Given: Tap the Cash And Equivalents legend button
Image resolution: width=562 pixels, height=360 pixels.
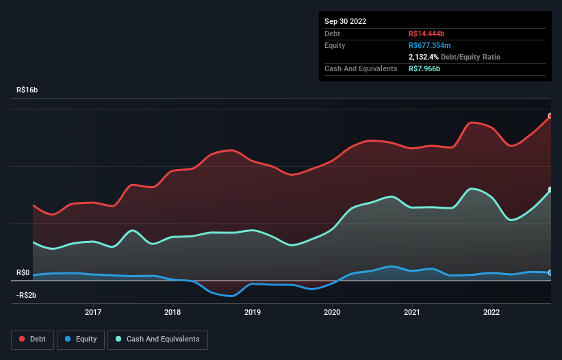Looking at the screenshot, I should click(x=157, y=339).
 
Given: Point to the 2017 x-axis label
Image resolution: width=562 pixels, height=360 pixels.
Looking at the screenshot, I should click(x=93, y=313).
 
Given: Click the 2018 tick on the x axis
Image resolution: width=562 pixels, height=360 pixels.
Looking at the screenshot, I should click(x=173, y=313).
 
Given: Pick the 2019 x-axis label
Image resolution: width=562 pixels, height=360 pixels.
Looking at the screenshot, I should click(x=253, y=313).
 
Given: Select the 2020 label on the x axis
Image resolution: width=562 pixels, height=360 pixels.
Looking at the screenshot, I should click(x=333, y=313).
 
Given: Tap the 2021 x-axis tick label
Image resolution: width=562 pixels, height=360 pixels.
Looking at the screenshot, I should click(x=412, y=313).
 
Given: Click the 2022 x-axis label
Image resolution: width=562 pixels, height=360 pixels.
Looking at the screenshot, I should click(x=491, y=313).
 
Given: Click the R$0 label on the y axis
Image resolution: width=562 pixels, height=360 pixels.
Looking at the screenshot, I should click(x=24, y=273).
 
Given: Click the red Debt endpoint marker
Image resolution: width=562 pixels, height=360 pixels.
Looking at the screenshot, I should click(x=550, y=116).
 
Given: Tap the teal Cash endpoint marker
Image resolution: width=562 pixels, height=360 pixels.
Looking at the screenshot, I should click(x=550, y=190).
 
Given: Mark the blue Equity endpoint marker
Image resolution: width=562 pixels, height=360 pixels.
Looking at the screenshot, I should click(x=550, y=273).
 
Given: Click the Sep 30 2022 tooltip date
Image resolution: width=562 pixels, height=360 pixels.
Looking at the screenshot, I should click(x=346, y=21).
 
